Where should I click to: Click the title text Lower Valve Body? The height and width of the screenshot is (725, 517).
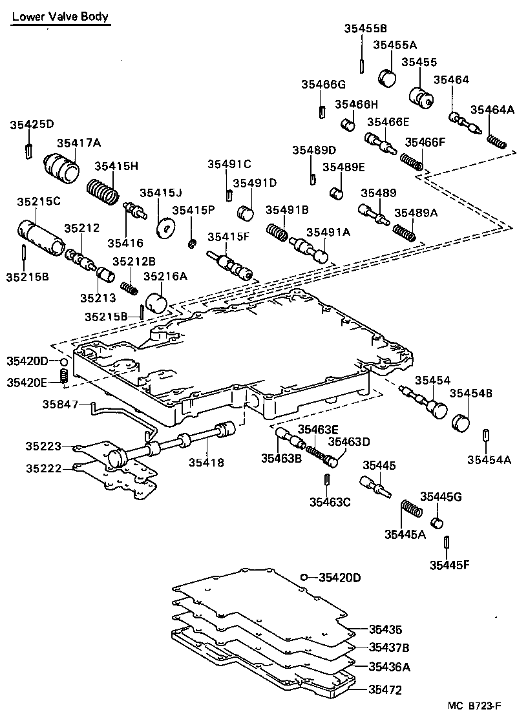(60, 17)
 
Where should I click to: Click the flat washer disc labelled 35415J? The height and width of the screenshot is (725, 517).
(168, 228)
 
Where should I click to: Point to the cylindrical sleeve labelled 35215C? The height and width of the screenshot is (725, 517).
(40, 236)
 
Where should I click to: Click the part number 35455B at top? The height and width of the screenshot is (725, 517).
(365, 28)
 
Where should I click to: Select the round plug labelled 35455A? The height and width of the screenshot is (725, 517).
(388, 78)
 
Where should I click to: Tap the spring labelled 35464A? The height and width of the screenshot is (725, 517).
(496, 140)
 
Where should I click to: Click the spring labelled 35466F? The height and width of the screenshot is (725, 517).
(412, 161)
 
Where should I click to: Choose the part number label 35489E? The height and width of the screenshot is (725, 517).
(344, 167)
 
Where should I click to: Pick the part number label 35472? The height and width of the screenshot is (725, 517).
(385, 690)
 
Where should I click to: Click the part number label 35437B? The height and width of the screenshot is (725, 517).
(388, 647)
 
